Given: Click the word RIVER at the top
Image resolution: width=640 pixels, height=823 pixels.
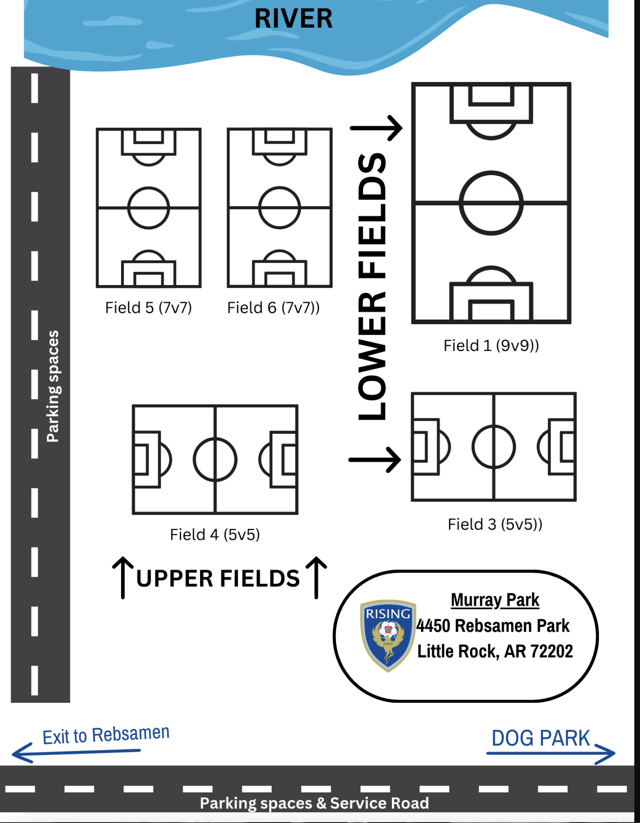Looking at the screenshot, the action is [x=293, y=19].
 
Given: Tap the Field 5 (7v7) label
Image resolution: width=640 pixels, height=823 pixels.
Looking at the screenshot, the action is [x=149, y=308].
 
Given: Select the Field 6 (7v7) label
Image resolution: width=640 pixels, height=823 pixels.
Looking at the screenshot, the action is [x=273, y=308].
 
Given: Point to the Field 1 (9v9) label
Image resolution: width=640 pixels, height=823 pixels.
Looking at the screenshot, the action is [x=491, y=346].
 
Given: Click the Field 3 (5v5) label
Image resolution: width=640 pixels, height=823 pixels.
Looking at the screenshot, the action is [x=495, y=524].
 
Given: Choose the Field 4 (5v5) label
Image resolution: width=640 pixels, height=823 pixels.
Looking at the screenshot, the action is [x=215, y=535].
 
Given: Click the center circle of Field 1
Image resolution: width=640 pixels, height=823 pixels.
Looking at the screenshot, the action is [x=491, y=172].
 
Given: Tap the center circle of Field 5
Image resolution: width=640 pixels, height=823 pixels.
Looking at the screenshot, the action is [x=149, y=188].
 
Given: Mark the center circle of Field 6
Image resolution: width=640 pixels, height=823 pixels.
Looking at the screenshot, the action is [x=279, y=188].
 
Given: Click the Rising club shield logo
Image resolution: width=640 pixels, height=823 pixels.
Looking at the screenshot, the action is [x=388, y=635].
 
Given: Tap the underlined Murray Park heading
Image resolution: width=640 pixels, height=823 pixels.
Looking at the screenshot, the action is [x=495, y=600].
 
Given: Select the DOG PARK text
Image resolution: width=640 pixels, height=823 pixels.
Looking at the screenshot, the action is [x=541, y=738].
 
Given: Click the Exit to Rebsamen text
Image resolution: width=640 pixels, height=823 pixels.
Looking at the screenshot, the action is [x=106, y=735].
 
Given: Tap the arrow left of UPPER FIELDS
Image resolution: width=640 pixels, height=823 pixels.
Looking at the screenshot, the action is [x=123, y=577].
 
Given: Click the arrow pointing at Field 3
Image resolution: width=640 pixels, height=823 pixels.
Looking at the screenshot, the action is [x=375, y=460].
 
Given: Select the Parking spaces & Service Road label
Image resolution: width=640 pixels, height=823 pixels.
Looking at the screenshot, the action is [x=314, y=803].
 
